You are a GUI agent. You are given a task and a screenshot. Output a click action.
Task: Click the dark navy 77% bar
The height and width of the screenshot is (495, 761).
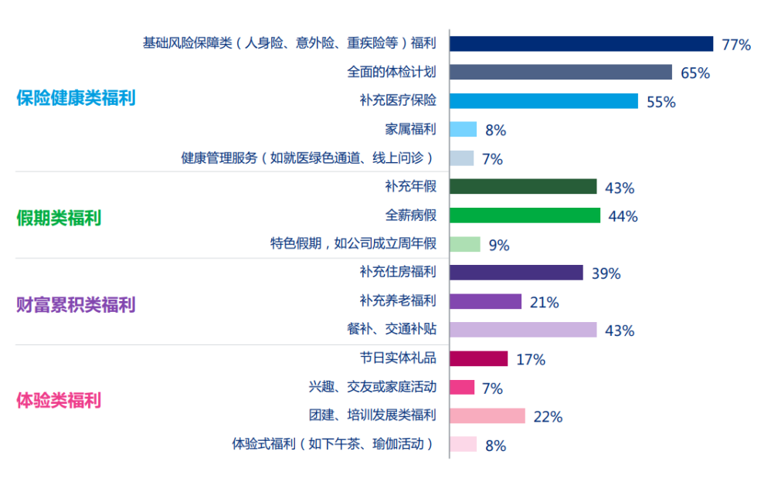(x=580, y=44)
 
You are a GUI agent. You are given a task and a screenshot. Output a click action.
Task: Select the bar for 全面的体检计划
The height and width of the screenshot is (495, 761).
(x=560, y=73)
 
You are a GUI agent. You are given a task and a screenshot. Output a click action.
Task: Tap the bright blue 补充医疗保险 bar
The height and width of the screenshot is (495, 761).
(x=543, y=101)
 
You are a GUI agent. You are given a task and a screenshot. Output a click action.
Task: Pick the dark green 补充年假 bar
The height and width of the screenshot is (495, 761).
(x=522, y=187)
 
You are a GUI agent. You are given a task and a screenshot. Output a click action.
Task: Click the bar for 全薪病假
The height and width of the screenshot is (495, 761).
(x=524, y=215)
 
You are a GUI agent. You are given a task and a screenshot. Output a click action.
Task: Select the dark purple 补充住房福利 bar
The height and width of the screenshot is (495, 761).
(x=515, y=273)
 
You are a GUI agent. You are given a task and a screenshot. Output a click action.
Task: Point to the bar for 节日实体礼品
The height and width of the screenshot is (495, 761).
(x=478, y=358)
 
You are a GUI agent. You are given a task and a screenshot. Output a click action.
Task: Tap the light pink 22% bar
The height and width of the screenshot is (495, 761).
(x=487, y=415)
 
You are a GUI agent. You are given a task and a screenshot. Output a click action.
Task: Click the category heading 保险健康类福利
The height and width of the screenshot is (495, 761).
(x=76, y=99)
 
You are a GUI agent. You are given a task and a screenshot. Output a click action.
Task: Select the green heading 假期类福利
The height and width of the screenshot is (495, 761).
(x=59, y=218)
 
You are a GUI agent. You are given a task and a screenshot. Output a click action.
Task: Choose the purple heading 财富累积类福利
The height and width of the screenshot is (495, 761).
(x=76, y=304)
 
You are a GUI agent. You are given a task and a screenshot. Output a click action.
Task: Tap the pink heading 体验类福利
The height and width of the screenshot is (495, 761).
(x=59, y=401)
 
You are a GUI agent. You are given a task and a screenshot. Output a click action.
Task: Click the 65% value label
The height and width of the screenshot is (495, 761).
(x=695, y=73)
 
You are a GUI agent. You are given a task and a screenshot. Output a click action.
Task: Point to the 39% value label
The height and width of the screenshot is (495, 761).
(x=606, y=273)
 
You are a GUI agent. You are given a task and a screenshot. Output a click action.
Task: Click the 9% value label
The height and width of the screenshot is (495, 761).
(x=499, y=246)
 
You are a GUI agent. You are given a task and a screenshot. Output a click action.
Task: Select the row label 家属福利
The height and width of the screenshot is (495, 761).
(x=410, y=129)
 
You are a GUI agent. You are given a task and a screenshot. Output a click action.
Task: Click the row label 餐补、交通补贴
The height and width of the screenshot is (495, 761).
(x=392, y=329)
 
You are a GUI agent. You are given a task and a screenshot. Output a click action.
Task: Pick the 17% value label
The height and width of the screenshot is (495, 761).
(x=531, y=360)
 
